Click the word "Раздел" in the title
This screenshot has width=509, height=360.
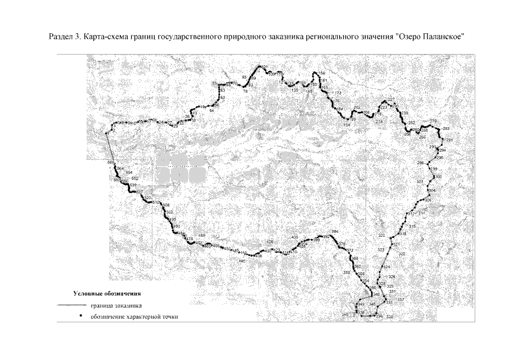[60, 37]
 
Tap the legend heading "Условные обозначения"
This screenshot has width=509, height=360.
[107, 294]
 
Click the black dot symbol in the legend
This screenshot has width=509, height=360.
[80, 317]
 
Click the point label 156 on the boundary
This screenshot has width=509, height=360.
[322, 74]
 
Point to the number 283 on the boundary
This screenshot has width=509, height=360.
[447, 129]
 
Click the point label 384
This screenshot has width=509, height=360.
[335, 232]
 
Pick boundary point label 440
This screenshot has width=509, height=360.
[242, 262]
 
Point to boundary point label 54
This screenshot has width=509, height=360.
[211, 111]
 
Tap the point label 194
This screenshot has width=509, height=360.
[346, 125]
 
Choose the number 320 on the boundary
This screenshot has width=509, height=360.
[382, 235]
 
